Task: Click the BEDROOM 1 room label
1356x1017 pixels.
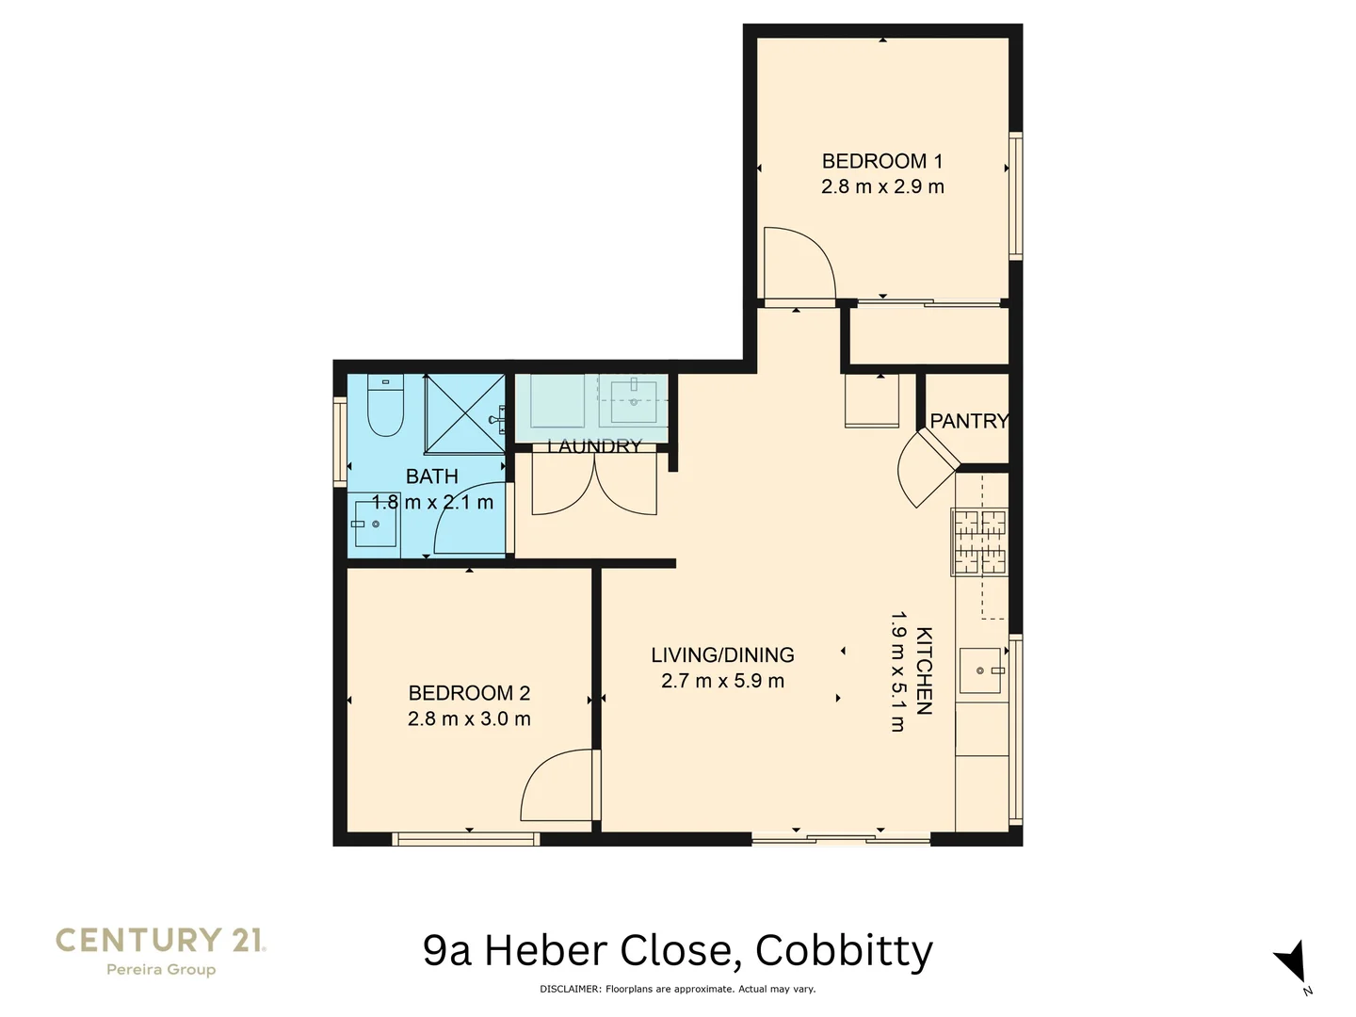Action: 881,161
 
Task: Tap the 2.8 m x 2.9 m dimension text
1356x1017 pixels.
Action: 881,186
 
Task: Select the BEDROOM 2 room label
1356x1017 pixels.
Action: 469,693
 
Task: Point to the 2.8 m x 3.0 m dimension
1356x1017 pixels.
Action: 469,718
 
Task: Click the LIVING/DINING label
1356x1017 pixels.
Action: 722,654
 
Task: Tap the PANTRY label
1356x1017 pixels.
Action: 969,421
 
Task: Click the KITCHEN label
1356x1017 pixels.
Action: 924,670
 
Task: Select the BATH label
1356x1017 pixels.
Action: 431,476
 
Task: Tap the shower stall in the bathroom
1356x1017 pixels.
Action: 464,413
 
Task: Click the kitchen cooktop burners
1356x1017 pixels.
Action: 979,541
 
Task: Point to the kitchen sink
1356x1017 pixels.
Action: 979,670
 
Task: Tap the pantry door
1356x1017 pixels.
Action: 928,468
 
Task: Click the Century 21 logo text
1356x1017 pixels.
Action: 160,940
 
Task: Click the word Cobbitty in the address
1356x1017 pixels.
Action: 844,951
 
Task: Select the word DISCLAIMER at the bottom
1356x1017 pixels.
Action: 570,989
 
